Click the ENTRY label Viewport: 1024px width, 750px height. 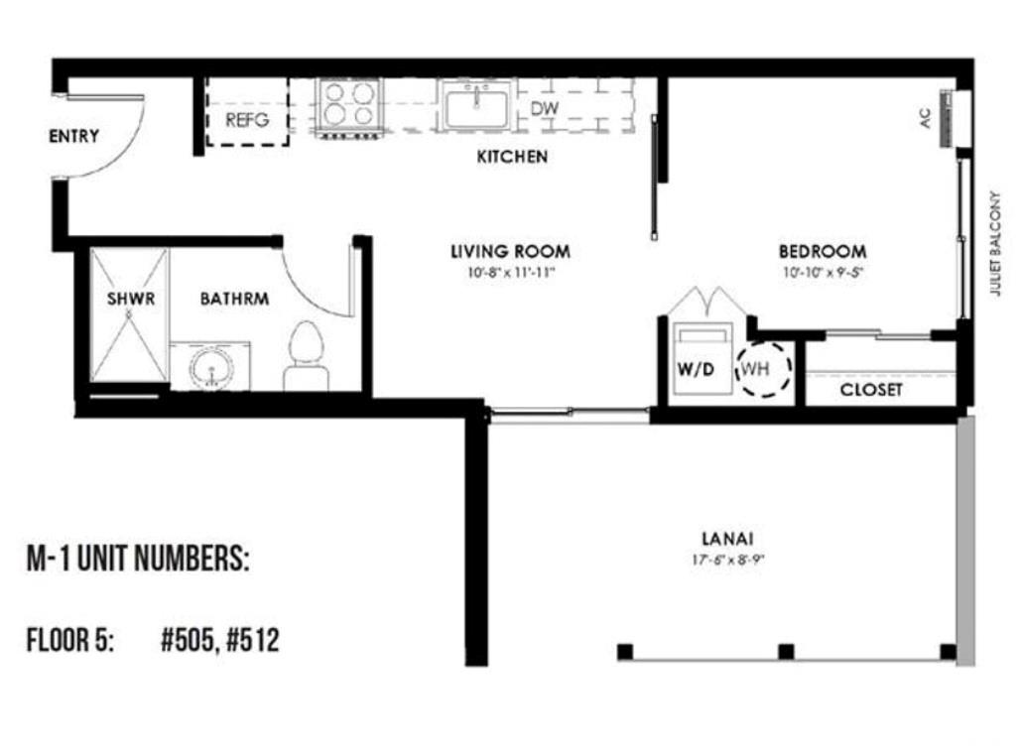(x=73, y=137)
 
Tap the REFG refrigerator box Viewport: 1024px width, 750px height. (x=247, y=121)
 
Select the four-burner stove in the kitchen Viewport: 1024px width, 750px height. (x=350, y=104)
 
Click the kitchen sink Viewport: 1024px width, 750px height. (x=477, y=105)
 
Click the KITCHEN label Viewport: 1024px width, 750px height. (x=512, y=157)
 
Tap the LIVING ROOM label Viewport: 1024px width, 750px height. (x=510, y=251)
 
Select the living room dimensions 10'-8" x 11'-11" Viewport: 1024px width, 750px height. (x=510, y=272)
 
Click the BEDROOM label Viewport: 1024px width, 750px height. (x=822, y=251)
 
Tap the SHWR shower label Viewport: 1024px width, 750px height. (x=131, y=299)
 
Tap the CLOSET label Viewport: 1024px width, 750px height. (x=871, y=390)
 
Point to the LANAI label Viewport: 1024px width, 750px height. (x=727, y=539)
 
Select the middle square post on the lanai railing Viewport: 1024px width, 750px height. (x=786, y=652)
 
